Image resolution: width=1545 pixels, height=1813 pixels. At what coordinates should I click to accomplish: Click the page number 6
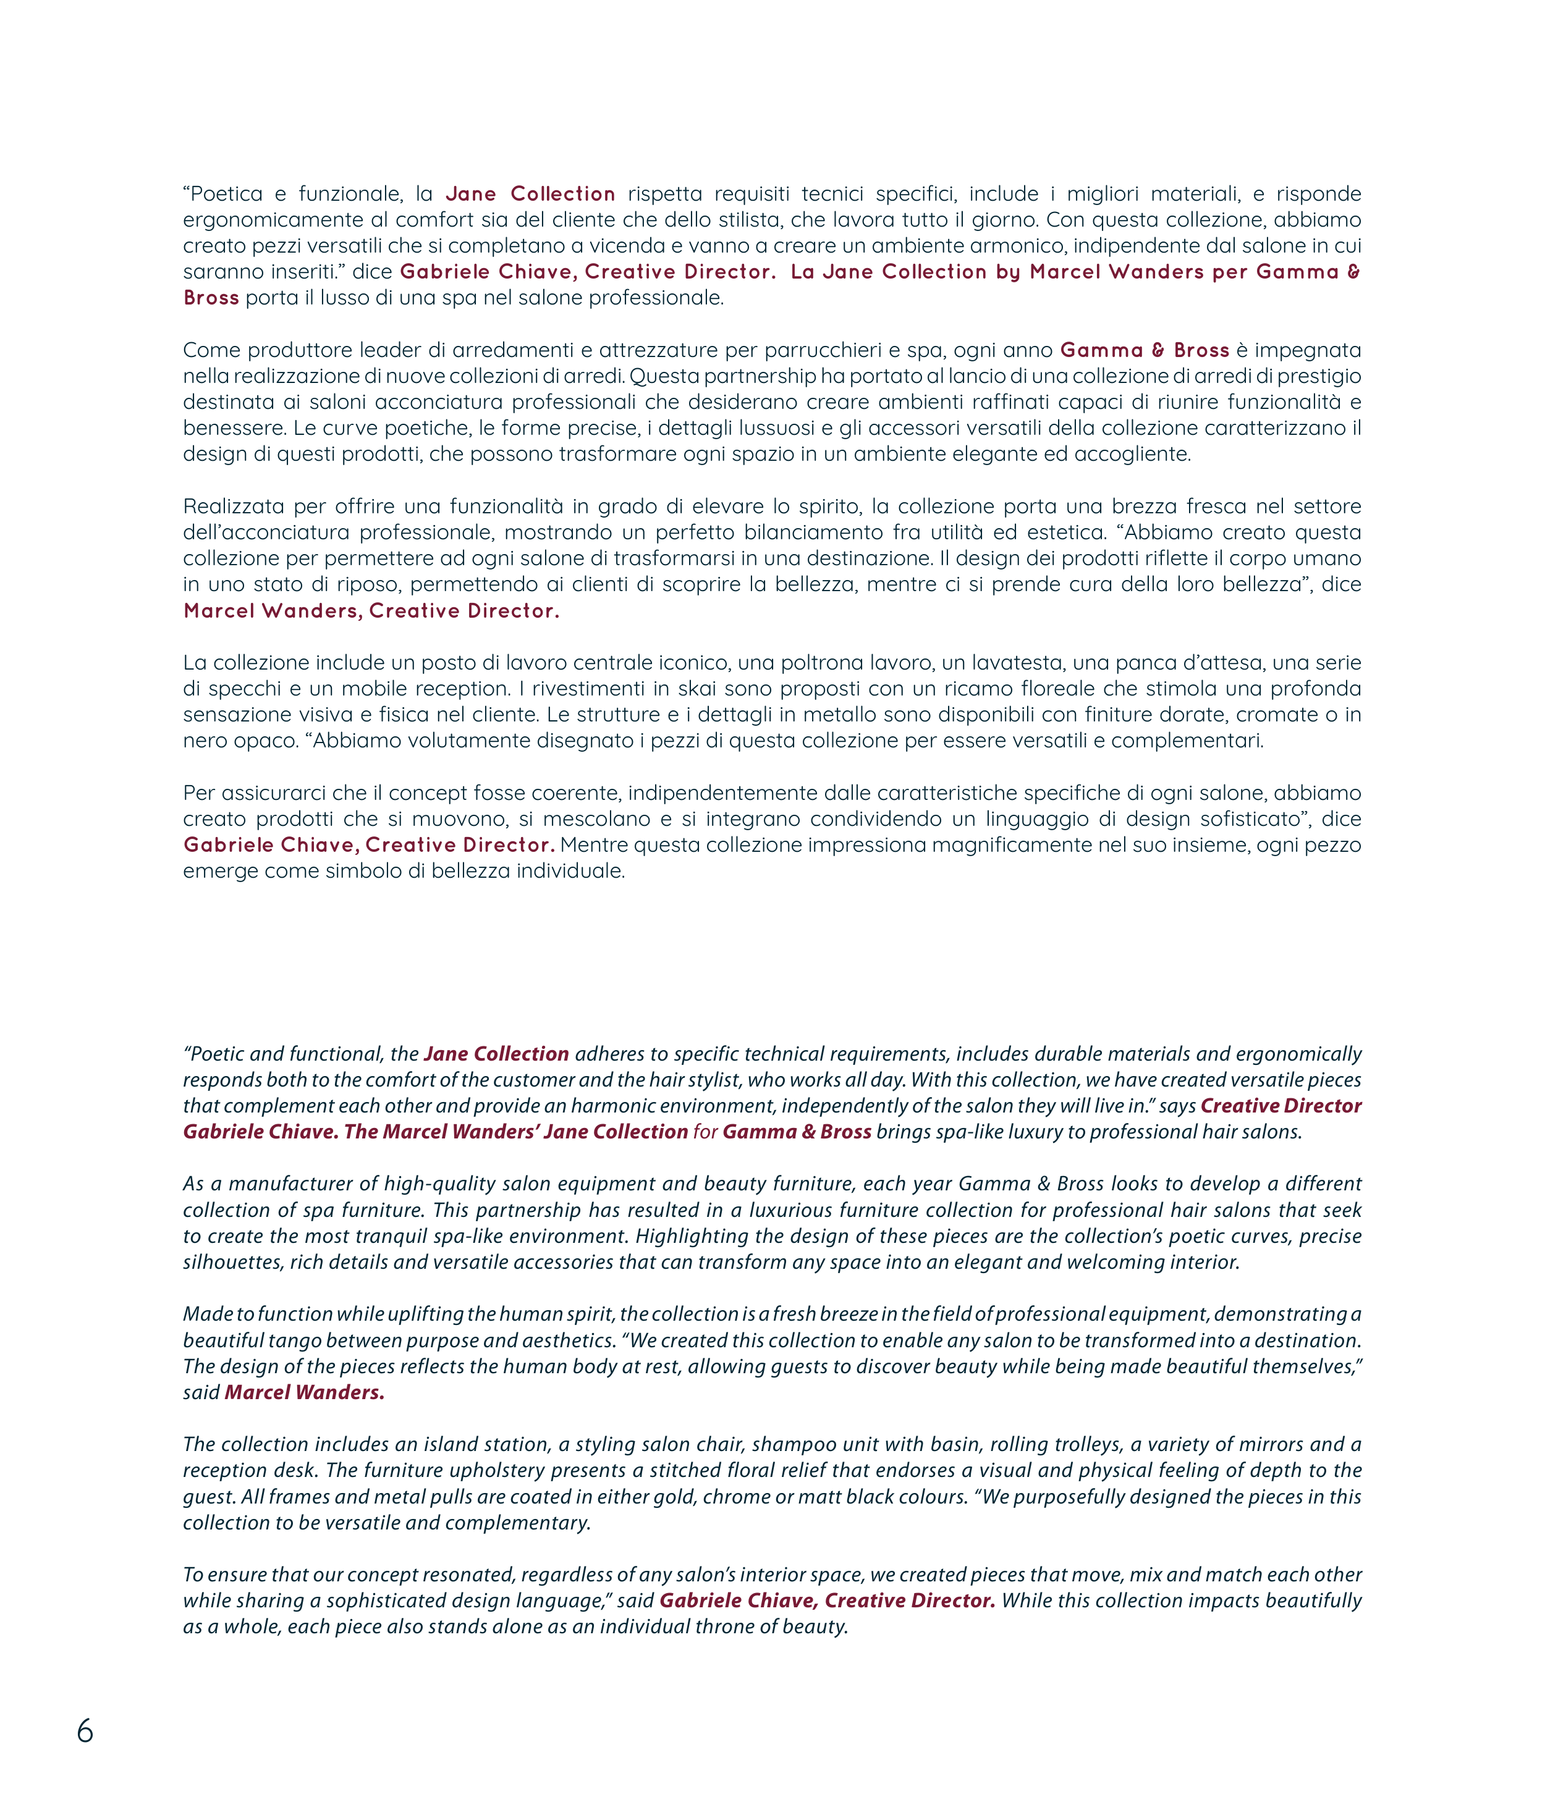click(85, 1731)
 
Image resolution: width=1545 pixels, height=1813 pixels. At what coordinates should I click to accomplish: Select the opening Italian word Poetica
click(226, 193)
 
